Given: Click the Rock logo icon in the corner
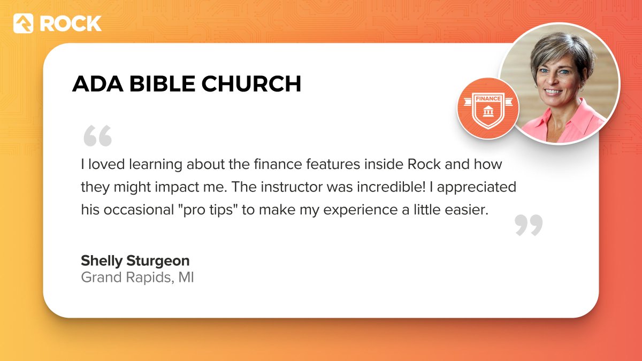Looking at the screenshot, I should coord(24,24).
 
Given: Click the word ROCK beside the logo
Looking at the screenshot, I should coord(70,24).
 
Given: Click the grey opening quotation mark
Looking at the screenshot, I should coord(97,136).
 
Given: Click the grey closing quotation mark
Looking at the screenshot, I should coord(529,225).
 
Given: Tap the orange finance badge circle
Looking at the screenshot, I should coord(488,109).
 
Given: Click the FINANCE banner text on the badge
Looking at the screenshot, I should coord(488,98).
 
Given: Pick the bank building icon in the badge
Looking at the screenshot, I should coord(488,111).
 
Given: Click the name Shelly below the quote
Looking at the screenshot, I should coord(102,261).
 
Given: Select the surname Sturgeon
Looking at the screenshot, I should coord(158,261).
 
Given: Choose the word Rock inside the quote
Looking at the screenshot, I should coord(424,164).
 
